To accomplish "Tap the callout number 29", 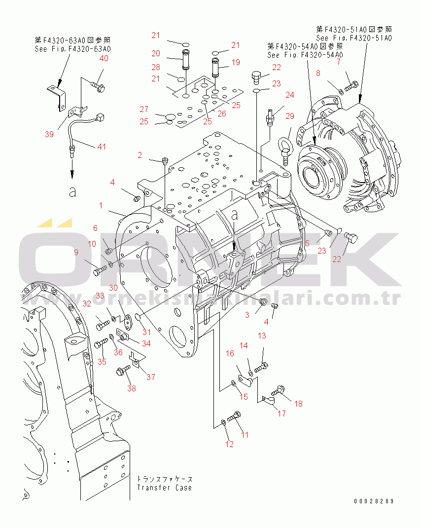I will (x=289, y=116).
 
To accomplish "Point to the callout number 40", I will (x=104, y=58).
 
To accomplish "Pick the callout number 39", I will (x=49, y=134).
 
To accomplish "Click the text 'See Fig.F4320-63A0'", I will (x=72, y=49).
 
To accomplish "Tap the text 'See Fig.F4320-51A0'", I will (x=354, y=38).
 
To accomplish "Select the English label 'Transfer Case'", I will (x=164, y=488).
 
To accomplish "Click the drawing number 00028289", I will (x=373, y=501).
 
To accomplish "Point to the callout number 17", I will (x=281, y=414).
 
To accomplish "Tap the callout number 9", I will (x=76, y=253).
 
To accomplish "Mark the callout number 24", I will (x=289, y=94).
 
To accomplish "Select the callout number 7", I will (x=338, y=62).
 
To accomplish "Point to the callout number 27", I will (x=143, y=109).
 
